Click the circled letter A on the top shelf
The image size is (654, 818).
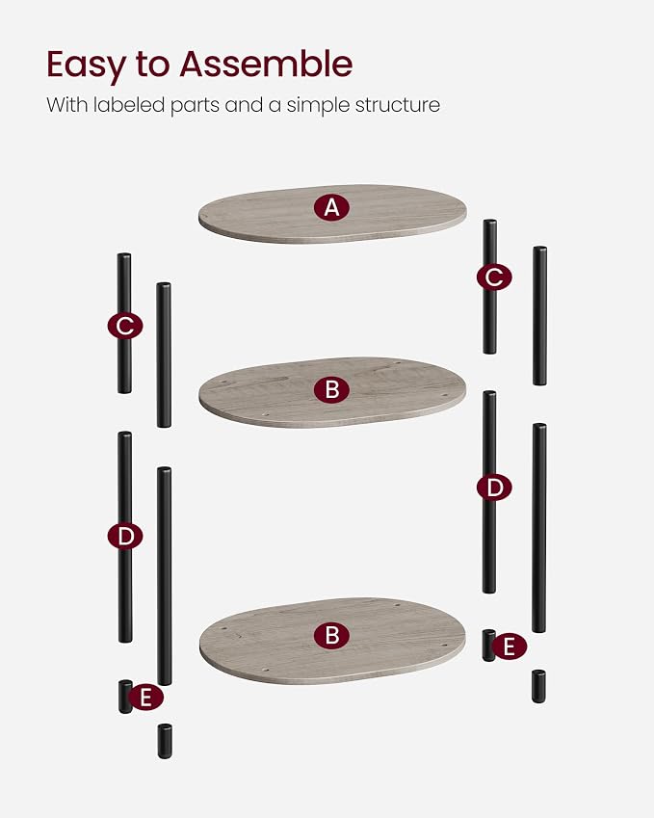(x=331, y=207)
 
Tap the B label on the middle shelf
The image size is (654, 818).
(x=331, y=389)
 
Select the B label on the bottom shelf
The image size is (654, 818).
(x=331, y=635)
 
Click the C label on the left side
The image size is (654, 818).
(x=125, y=326)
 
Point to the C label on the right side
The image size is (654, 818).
(x=494, y=277)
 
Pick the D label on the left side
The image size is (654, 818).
(x=125, y=537)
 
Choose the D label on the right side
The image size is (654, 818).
(x=494, y=488)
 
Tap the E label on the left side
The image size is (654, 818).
(x=146, y=698)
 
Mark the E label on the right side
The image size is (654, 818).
(x=509, y=646)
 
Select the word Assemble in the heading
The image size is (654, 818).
(x=266, y=64)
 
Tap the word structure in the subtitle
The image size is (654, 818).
(x=398, y=105)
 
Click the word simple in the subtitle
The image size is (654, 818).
(x=318, y=106)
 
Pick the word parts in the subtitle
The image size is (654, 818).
(x=195, y=106)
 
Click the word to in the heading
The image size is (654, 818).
(x=153, y=65)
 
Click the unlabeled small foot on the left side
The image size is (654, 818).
(x=165, y=741)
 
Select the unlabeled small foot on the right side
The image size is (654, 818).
(x=538, y=686)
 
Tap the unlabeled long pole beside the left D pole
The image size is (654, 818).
(x=165, y=576)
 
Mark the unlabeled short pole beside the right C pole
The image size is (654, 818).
(x=539, y=316)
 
